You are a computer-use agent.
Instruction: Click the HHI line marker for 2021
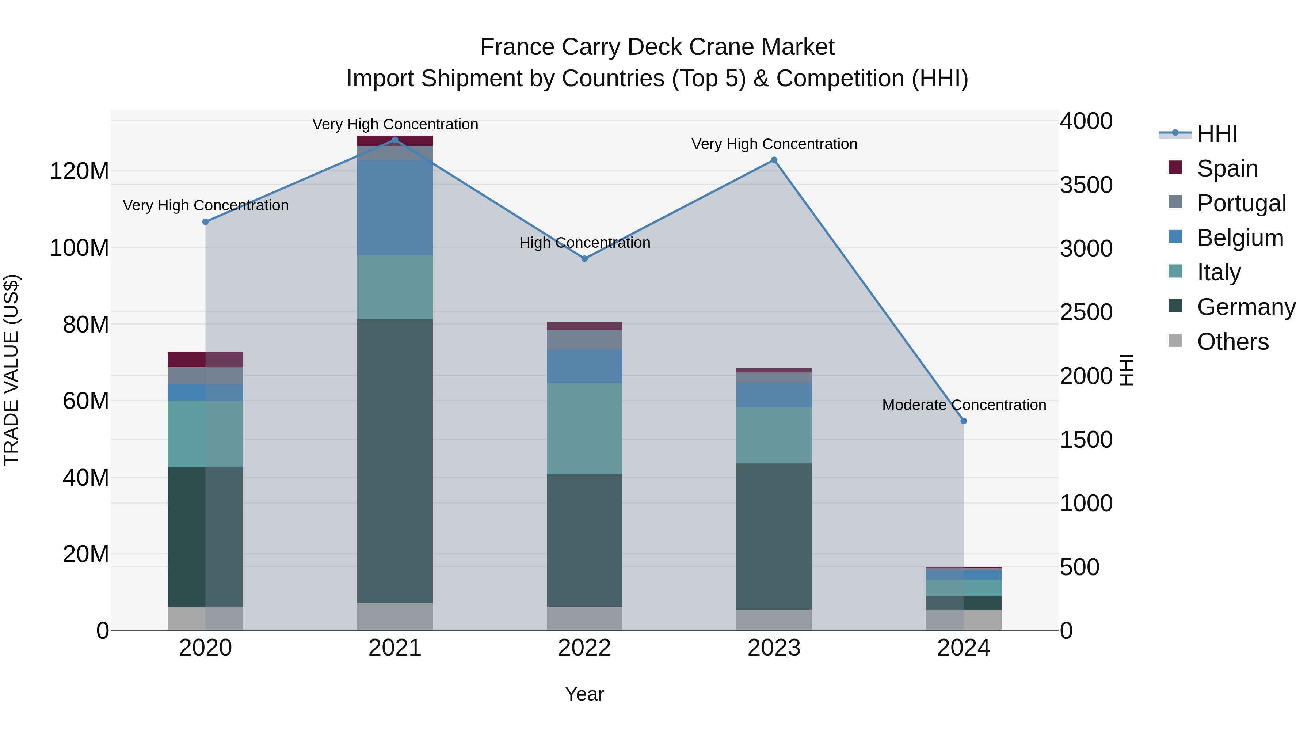[x=394, y=140]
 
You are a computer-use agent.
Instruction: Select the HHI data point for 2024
[x=963, y=421]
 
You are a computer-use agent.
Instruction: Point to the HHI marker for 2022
[x=584, y=258]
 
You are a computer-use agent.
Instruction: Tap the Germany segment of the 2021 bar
[x=394, y=460]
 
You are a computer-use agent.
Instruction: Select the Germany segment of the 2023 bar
[x=774, y=536]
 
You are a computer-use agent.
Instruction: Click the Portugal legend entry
[x=1241, y=203]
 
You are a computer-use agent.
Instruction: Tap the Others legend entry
[x=1232, y=341]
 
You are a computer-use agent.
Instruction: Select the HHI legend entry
[x=1217, y=134]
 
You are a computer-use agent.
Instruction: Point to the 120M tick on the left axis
[x=79, y=171]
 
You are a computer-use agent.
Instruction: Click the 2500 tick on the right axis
[x=1086, y=312]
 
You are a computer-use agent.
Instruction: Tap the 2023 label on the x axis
[x=774, y=648]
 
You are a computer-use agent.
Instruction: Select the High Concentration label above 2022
[x=584, y=243]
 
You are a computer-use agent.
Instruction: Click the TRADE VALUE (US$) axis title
[x=11, y=370]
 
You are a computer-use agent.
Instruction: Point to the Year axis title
[x=584, y=694]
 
